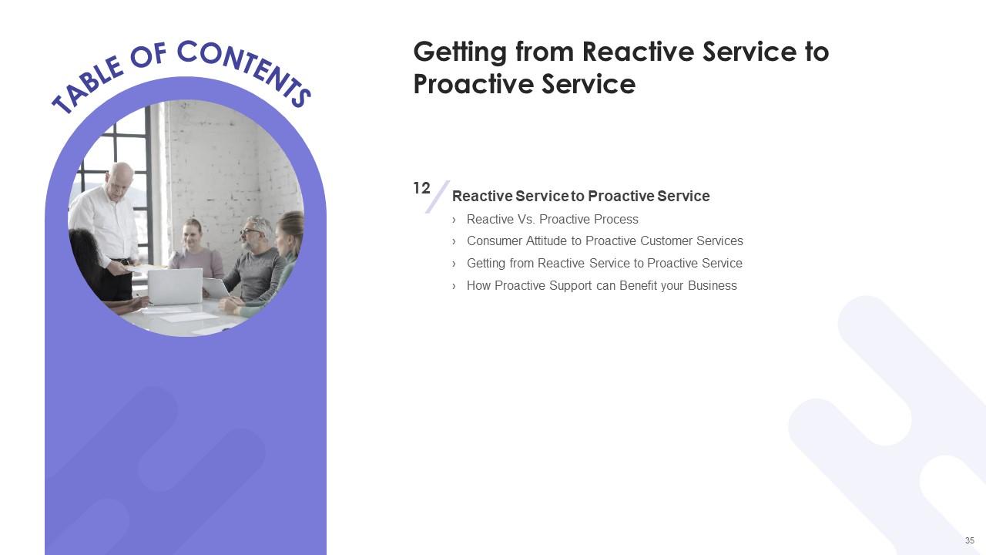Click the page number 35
(969, 540)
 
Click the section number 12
(421, 188)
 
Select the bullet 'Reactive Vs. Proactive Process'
(552, 219)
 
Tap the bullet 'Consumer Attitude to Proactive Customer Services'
(605, 241)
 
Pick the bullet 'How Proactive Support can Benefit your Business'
(602, 286)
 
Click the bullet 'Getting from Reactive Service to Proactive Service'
(604, 264)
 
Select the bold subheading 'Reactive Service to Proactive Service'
(581, 197)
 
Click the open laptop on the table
(175, 285)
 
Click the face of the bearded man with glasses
(253, 230)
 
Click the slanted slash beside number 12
(438, 197)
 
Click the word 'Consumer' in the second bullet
(494, 241)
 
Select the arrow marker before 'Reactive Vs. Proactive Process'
(454, 220)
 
